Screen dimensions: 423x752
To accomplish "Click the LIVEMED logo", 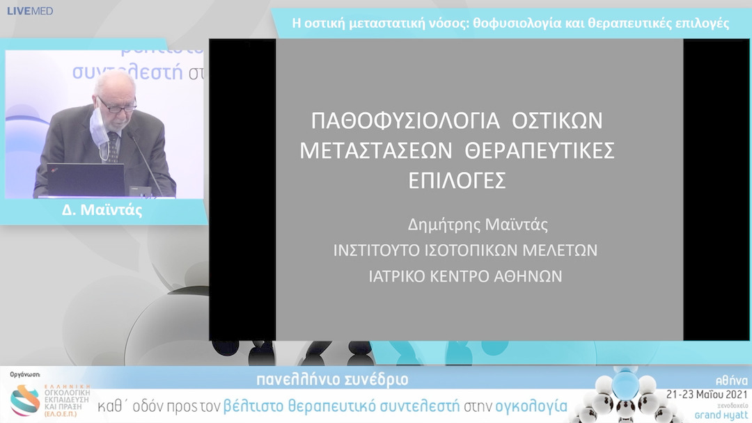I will click(x=30, y=11).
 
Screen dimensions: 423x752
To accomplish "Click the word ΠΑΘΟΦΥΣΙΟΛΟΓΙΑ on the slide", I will click(x=406, y=120).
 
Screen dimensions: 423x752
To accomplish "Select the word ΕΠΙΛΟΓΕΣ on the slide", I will click(x=457, y=180).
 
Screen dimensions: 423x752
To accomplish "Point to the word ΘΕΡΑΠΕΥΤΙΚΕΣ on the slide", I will click(x=540, y=150).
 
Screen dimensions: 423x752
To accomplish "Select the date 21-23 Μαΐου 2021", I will click(x=707, y=393).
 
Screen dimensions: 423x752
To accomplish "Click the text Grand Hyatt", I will click(x=721, y=415).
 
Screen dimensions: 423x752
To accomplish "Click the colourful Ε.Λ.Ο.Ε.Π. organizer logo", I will click(x=25, y=401).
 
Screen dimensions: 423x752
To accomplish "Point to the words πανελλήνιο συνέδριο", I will click(x=332, y=380).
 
